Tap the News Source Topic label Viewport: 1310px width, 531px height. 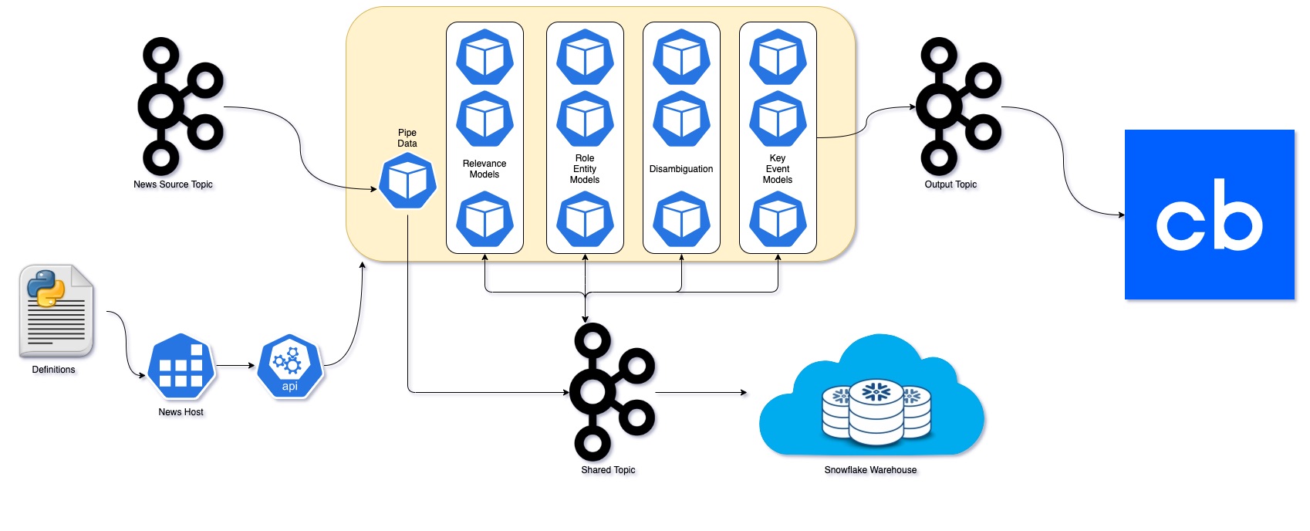click(173, 184)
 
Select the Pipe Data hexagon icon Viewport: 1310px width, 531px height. click(407, 181)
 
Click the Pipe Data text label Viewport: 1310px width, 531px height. click(407, 138)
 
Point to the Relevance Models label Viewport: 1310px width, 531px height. click(484, 169)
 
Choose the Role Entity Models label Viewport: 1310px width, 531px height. click(585, 169)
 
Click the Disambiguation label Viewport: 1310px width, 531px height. click(681, 169)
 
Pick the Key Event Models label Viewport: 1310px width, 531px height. click(778, 169)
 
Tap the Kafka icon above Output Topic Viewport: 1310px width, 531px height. click(957, 106)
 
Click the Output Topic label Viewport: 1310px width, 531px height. click(950, 184)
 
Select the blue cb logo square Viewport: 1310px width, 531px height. click(1209, 215)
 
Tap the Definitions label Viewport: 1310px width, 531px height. click(54, 370)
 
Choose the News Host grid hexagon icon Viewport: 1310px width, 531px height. click(181, 366)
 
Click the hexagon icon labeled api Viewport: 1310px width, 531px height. click(290, 366)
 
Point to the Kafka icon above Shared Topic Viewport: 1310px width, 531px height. click(610, 391)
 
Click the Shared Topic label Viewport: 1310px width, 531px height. click(608, 470)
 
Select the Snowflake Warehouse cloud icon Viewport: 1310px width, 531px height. click(872, 397)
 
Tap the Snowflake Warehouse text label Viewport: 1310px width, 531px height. click(870, 470)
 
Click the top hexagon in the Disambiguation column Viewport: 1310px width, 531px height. click(681, 57)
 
